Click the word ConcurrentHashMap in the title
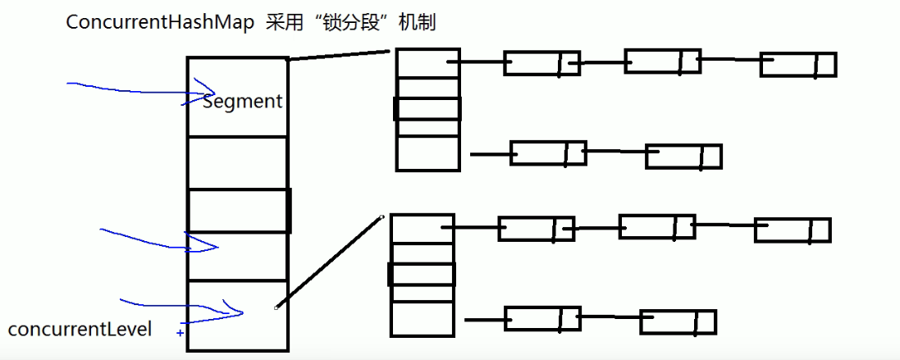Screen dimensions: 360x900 (x=161, y=23)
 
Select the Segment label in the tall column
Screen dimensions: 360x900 (x=242, y=102)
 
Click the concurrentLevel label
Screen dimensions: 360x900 (x=80, y=330)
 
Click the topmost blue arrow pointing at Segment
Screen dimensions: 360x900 (x=139, y=88)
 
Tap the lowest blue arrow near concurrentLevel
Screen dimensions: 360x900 (x=180, y=307)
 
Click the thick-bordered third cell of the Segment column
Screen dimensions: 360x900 (x=238, y=211)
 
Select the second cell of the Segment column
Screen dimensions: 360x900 (x=238, y=162)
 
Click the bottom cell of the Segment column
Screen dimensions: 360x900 (x=238, y=315)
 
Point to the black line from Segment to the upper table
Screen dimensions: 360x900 (x=338, y=55)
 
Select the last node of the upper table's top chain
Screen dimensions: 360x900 (x=797, y=65)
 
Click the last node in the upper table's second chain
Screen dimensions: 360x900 (x=683, y=156)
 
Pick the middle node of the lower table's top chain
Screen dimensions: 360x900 (x=656, y=226)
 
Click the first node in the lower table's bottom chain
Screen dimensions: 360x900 (x=541, y=318)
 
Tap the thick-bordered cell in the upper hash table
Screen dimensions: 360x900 (x=427, y=108)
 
